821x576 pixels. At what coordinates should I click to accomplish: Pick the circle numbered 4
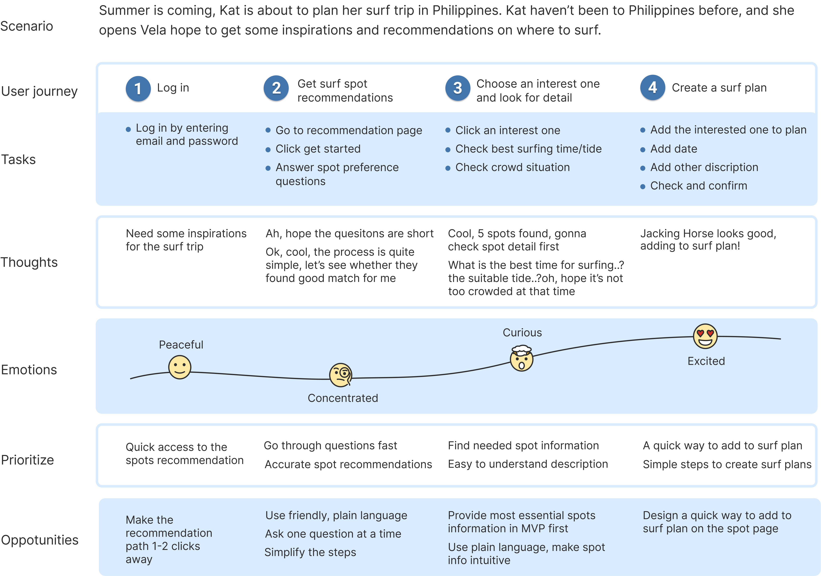click(653, 87)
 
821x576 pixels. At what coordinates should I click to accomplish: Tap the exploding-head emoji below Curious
click(521, 358)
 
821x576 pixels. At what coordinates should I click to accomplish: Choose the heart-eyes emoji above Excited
click(705, 336)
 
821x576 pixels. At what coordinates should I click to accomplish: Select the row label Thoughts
click(29, 262)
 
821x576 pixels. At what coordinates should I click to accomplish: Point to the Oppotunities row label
click(40, 540)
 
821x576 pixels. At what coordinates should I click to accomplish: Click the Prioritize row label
click(27, 460)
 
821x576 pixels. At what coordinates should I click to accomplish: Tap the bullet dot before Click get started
click(268, 150)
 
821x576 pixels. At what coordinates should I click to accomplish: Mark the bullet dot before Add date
click(642, 150)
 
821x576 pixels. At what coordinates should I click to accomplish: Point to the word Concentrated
click(342, 398)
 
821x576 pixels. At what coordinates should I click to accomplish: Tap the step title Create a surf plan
click(719, 88)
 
